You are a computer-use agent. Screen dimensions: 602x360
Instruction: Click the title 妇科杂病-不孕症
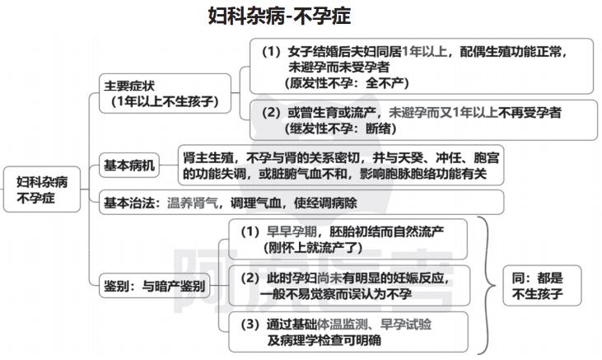click(x=279, y=16)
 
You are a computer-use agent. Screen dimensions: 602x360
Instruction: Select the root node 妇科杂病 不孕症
click(x=42, y=189)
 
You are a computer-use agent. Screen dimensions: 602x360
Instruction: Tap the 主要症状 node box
click(x=165, y=93)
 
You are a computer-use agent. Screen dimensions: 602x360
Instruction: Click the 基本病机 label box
click(x=129, y=166)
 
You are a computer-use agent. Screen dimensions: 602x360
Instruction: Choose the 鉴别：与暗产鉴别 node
click(x=154, y=286)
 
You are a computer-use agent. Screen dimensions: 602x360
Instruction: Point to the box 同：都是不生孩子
click(x=542, y=286)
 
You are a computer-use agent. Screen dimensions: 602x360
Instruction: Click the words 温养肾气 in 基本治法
click(x=193, y=203)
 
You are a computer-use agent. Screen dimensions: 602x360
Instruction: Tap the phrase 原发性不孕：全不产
click(x=347, y=82)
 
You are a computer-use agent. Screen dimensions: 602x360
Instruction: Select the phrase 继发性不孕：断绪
click(x=341, y=129)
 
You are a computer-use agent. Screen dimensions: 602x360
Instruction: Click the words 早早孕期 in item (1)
click(x=292, y=231)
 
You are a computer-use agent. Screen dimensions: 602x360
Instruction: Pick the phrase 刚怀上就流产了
click(x=313, y=247)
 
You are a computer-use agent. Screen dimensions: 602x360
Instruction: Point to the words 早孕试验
click(x=406, y=325)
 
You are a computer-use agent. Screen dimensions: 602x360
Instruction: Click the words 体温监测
click(x=343, y=325)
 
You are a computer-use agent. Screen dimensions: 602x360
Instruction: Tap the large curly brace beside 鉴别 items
click(x=487, y=285)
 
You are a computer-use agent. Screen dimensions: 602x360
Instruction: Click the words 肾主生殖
click(x=208, y=157)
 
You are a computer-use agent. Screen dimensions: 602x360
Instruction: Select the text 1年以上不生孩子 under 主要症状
click(x=165, y=101)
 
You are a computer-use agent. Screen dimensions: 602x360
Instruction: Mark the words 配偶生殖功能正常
click(x=511, y=51)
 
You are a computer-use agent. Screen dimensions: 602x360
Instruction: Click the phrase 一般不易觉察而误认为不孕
click(x=336, y=294)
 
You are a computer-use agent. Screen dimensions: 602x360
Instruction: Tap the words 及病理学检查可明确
click(x=324, y=340)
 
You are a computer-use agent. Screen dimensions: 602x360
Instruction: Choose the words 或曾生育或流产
click(x=332, y=112)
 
